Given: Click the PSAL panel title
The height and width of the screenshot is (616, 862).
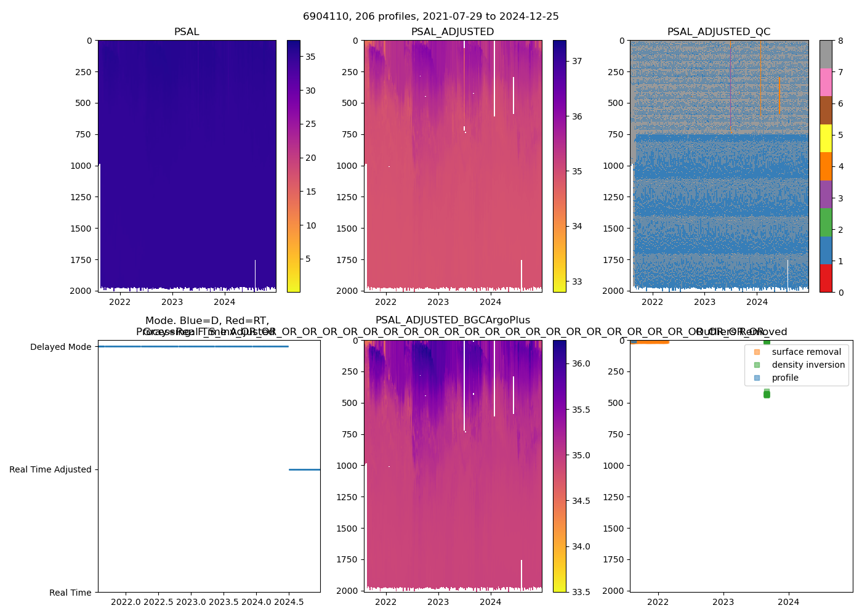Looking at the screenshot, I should (187, 32).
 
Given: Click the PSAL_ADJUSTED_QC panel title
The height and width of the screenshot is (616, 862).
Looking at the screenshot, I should (719, 32).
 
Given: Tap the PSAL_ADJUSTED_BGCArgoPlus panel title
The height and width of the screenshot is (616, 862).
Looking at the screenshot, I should (453, 320).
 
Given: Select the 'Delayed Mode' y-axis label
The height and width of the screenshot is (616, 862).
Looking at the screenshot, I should (60, 347).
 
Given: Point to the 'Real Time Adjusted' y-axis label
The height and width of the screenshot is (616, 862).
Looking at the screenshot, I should (50, 469).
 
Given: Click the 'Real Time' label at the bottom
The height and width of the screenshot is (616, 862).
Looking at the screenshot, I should (70, 593).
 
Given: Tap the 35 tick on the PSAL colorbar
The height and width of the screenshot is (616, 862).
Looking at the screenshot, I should (310, 57).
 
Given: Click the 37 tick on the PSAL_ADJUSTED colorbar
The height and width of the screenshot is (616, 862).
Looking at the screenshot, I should (577, 61).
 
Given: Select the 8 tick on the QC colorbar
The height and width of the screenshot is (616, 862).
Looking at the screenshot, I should (841, 41).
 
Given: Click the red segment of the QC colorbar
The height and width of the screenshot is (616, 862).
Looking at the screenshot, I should (826, 278).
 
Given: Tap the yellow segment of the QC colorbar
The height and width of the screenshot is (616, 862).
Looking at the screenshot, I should (826, 139).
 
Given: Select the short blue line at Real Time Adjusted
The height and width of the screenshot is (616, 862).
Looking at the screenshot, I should (304, 469).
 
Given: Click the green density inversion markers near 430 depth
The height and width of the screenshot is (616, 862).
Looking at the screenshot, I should (767, 394).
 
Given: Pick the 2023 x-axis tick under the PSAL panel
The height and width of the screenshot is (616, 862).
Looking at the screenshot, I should (172, 302).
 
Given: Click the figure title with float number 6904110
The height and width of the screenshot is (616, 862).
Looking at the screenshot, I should (430, 17).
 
